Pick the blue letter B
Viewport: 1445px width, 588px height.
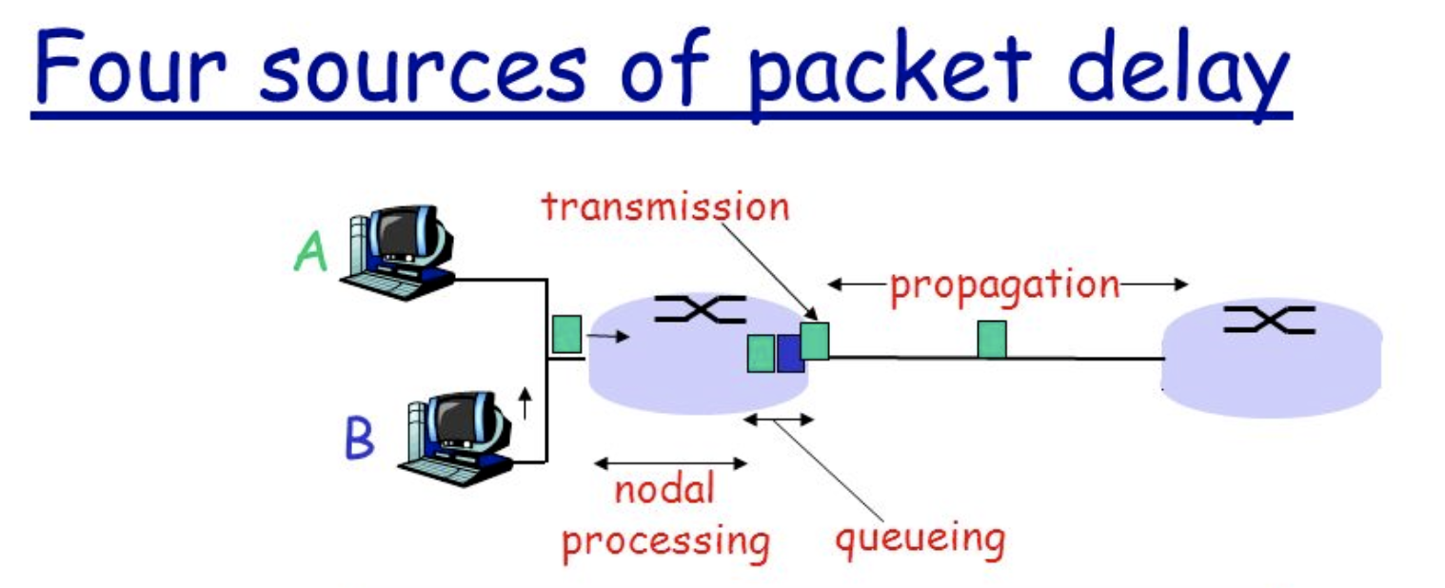coord(359,441)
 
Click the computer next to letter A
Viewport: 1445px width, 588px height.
coord(400,249)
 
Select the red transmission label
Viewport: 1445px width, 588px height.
coord(665,206)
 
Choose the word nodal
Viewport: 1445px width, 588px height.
coord(663,491)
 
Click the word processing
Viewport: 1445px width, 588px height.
coord(664,540)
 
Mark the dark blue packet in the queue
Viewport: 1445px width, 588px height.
coord(789,353)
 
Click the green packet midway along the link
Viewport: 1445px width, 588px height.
coord(992,340)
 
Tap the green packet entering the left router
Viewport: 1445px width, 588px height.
coord(566,334)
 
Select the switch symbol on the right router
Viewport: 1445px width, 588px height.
coord(1268,320)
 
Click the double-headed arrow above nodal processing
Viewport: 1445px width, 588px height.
coord(671,463)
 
